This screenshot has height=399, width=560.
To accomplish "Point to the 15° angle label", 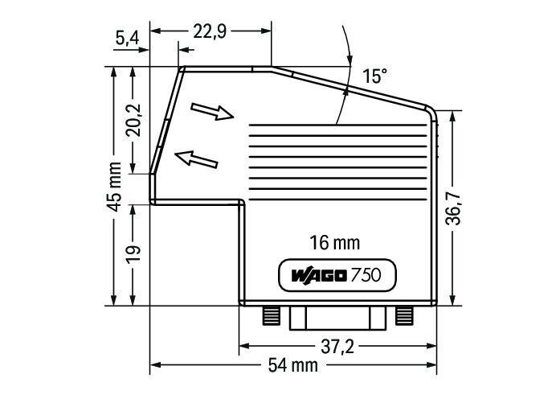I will (374, 76).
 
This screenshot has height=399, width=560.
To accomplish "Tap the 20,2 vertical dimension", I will (134, 120).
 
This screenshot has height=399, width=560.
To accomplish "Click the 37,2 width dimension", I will (337, 347).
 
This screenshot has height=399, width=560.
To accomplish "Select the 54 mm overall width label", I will (293, 366).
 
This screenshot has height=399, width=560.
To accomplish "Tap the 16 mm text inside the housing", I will (335, 242).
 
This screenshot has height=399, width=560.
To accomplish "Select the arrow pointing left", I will (197, 158).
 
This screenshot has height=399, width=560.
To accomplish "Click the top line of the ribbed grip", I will (337, 125).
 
